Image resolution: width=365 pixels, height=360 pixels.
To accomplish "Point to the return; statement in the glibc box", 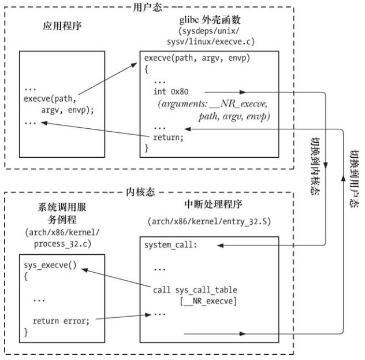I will point(169,136).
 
